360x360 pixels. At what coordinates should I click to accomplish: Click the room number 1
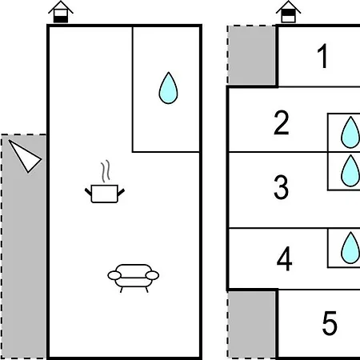tap(322, 56)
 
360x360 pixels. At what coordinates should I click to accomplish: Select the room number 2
tap(282, 122)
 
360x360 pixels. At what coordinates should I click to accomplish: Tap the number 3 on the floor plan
tap(281, 187)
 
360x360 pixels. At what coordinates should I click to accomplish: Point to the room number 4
tap(284, 258)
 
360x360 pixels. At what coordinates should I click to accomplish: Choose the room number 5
tap(330, 323)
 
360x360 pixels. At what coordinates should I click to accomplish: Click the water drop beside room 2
tap(350, 133)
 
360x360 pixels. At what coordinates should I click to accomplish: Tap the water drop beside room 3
tap(350, 171)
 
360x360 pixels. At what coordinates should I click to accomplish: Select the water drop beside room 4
tap(350, 248)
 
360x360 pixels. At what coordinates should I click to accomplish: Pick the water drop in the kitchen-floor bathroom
tap(168, 88)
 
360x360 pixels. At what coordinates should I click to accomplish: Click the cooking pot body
tap(105, 194)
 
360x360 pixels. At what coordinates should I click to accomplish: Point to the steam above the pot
tap(106, 171)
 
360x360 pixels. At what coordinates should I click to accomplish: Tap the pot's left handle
tap(88, 191)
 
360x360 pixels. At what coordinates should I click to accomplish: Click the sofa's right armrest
tap(153, 275)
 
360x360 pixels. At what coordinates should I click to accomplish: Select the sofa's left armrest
tap(114, 275)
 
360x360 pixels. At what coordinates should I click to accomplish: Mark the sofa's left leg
tap(122, 290)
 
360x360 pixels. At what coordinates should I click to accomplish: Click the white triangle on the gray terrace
tap(25, 156)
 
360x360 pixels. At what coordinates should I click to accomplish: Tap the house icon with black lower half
tap(61, 12)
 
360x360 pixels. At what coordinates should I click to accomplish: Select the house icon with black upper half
tap(289, 12)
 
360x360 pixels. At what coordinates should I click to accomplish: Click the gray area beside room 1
tap(252, 55)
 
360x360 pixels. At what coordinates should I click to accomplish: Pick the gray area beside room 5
tap(252, 324)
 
